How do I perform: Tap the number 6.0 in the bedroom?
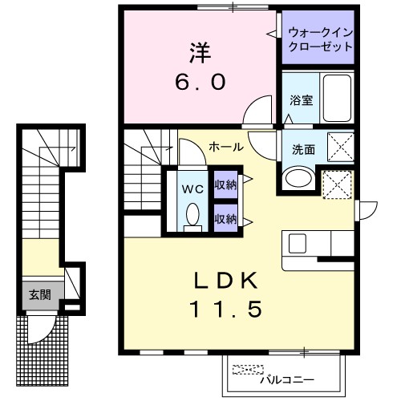200,81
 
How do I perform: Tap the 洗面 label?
302,148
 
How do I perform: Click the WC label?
192,189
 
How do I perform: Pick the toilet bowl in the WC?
192,214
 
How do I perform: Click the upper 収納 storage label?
226,184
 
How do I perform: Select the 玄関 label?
39,294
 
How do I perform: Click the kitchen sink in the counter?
297,242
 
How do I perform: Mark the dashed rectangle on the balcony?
247,371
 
